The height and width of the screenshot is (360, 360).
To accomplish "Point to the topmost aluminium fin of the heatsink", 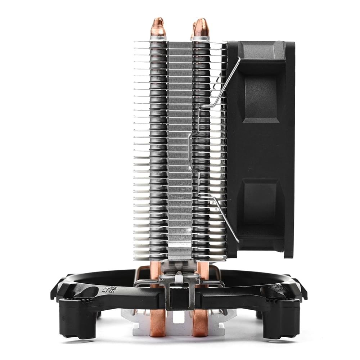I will coord(180,42).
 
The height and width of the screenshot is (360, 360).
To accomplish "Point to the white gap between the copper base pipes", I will coord(179,320).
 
